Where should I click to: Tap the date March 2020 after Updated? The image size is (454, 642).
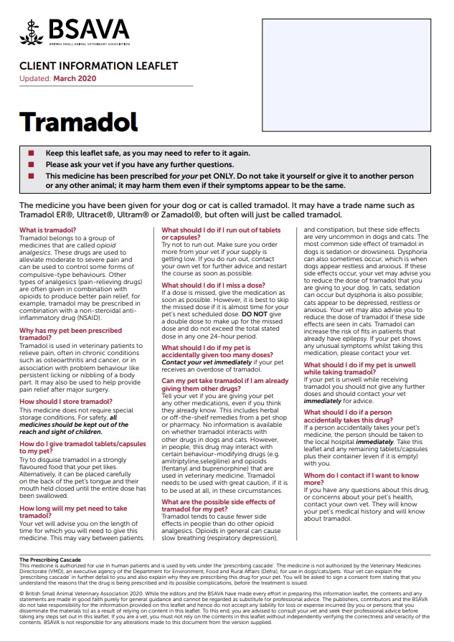pos(74,78)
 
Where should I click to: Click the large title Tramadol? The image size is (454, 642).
pos(78,122)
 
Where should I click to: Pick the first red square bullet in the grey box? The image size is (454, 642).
pos(31,154)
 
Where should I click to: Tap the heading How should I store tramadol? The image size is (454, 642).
pos(66,401)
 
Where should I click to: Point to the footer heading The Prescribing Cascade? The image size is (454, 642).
pos(51,560)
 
